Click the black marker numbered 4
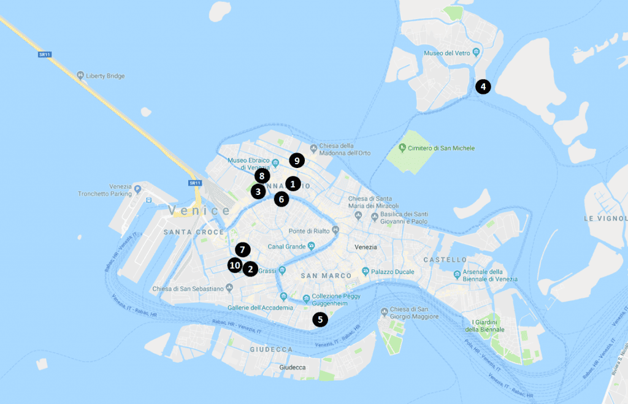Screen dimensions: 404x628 (x=483, y=86)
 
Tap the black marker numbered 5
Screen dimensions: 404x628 (x=320, y=319)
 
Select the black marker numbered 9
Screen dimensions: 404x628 (x=297, y=161)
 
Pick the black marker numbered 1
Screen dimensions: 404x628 (x=293, y=183)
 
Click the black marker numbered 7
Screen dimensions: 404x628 (x=243, y=250)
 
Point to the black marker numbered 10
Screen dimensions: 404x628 (x=234, y=265)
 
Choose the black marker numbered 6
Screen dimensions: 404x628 (x=281, y=199)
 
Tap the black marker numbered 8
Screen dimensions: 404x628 (x=262, y=177)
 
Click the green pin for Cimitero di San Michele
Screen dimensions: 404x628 (x=402, y=148)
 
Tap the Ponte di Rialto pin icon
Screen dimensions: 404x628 (x=335, y=231)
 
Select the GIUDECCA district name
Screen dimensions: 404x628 (x=271, y=349)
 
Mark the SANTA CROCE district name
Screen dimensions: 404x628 (x=187, y=232)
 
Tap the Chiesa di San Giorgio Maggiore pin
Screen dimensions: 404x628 (x=385, y=310)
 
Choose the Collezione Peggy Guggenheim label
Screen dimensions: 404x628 (x=339, y=300)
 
